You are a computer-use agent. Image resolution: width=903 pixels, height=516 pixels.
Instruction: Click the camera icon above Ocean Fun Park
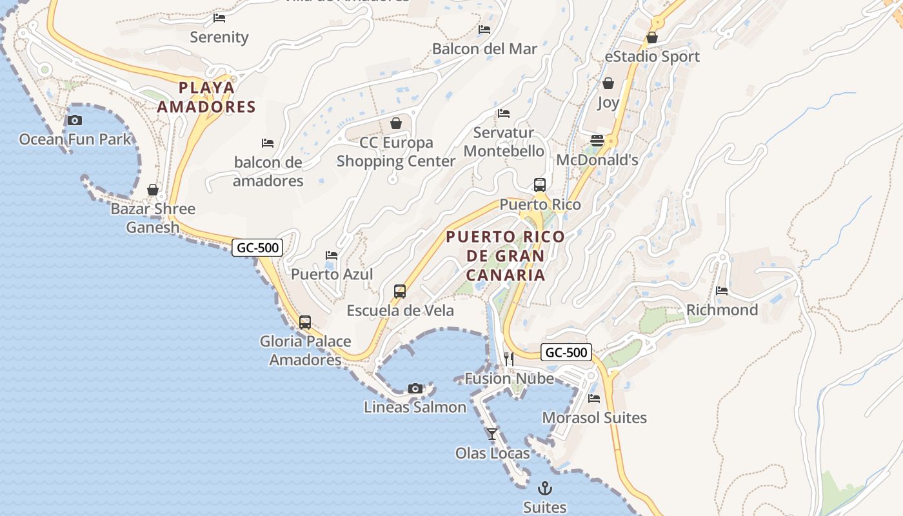click(75, 120)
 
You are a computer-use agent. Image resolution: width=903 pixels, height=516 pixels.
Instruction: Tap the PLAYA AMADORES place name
click(206, 97)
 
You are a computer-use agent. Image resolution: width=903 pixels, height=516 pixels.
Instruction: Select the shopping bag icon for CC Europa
click(396, 123)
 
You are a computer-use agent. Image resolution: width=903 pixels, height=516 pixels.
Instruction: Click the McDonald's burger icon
click(597, 141)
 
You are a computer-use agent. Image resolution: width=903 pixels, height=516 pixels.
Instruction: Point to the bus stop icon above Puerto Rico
click(540, 185)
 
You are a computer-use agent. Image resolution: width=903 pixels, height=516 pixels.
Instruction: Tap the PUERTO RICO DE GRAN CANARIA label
click(506, 256)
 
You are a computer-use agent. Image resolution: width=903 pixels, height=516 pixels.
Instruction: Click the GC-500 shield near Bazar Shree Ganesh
click(257, 248)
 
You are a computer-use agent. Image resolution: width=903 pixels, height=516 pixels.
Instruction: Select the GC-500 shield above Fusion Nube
click(566, 352)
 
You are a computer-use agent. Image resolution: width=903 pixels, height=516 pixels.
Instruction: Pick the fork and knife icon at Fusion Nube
click(509, 359)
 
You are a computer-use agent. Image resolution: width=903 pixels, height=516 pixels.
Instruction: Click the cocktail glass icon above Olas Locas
click(492, 434)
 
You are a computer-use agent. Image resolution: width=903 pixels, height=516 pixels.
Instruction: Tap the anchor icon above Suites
click(545, 488)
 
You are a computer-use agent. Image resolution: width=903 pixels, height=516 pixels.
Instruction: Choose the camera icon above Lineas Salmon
click(415, 388)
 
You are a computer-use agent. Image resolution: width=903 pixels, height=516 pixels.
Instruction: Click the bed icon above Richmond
click(722, 291)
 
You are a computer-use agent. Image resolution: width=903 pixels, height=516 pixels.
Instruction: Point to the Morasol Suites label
click(594, 418)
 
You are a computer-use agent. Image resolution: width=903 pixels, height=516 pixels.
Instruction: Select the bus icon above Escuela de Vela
click(400, 292)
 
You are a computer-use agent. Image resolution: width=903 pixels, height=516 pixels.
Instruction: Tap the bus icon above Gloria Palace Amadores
click(305, 322)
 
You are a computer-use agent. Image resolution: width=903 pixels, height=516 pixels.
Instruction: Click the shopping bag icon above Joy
click(608, 83)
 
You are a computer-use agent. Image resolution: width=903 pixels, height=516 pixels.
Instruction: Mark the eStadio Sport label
click(652, 57)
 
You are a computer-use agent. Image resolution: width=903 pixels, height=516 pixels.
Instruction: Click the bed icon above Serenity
click(219, 18)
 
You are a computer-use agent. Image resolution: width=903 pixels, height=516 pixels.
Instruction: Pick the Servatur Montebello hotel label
click(504, 142)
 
